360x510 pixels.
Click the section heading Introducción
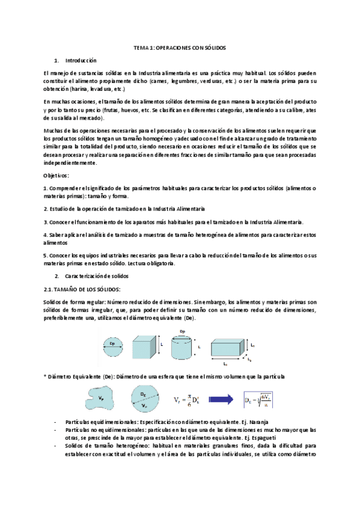[x=80, y=60]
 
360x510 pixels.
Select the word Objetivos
[x=56, y=175]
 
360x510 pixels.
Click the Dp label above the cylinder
[x=183, y=331]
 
